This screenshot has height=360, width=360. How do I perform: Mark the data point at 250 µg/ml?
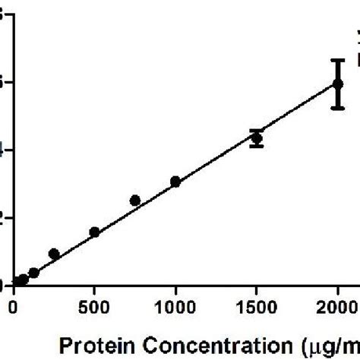(x=54, y=254)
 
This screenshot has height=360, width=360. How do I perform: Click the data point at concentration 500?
(x=94, y=232)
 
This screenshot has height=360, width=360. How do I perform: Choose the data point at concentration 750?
(x=135, y=201)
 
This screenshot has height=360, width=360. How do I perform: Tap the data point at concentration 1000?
(x=175, y=182)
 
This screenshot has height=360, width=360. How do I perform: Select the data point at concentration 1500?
(x=257, y=138)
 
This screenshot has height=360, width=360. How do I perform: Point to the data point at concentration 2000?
(x=338, y=84)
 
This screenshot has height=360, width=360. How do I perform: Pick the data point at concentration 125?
(x=33, y=273)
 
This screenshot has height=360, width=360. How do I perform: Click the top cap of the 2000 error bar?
(x=338, y=60)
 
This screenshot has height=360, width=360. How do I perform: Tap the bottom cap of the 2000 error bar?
(x=338, y=108)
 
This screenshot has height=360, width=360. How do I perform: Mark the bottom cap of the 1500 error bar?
(x=257, y=146)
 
